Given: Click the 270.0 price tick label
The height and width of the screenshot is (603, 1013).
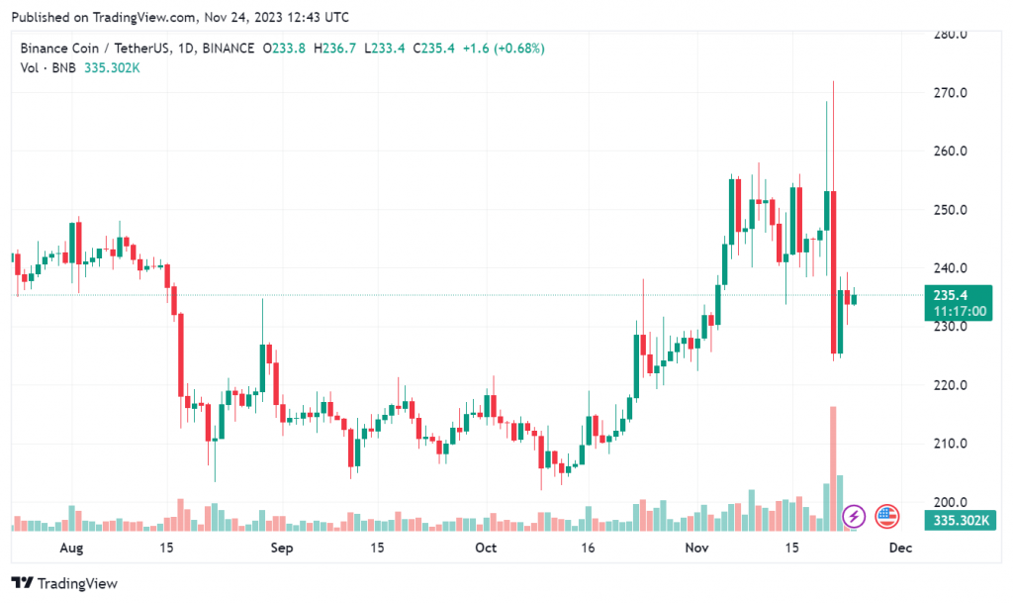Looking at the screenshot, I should pyautogui.click(x=950, y=93).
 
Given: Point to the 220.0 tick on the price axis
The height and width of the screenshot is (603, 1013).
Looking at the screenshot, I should pyautogui.click(x=950, y=385).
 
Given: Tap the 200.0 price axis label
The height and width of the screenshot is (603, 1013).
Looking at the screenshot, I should pyautogui.click(x=950, y=502).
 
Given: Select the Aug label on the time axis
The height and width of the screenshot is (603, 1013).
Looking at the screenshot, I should pyautogui.click(x=71, y=547).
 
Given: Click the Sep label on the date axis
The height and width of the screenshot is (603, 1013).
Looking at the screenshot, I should pyautogui.click(x=282, y=547).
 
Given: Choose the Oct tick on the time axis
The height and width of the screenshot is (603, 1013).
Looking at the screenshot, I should pyautogui.click(x=486, y=547).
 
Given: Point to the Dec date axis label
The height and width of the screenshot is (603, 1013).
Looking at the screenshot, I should pyautogui.click(x=898, y=547).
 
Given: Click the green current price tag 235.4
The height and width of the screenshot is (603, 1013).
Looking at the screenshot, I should pyautogui.click(x=958, y=295).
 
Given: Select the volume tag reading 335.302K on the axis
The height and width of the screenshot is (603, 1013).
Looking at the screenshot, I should pyautogui.click(x=958, y=519).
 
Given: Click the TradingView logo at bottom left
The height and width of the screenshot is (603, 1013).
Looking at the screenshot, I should pyautogui.click(x=64, y=583).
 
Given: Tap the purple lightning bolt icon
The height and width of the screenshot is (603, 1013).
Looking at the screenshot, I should pyautogui.click(x=854, y=516).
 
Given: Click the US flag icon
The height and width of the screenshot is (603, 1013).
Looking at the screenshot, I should pyautogui.click(x=886, y=516).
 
